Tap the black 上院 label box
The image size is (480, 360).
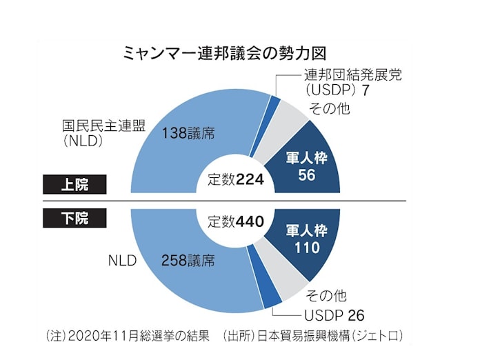75,185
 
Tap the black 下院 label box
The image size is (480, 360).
75,219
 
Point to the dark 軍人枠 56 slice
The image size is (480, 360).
306,166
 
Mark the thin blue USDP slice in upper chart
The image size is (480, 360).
274,103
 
